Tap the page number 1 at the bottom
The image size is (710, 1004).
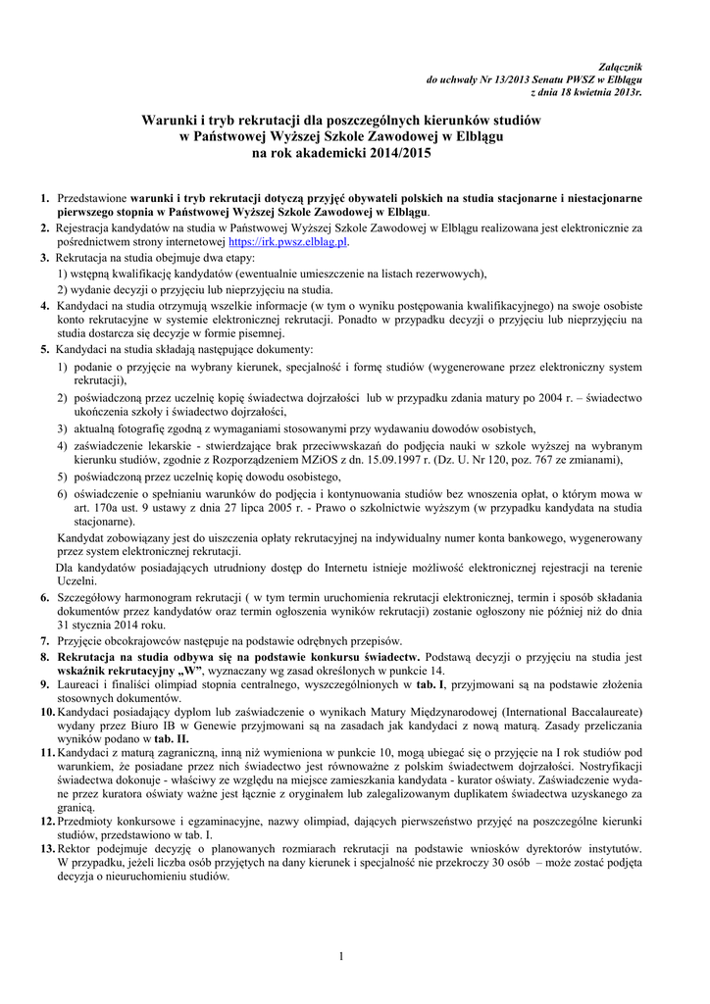341,957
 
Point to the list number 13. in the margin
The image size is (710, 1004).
47,847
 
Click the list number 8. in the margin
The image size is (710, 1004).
45,656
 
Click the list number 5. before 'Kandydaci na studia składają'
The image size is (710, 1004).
45,349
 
